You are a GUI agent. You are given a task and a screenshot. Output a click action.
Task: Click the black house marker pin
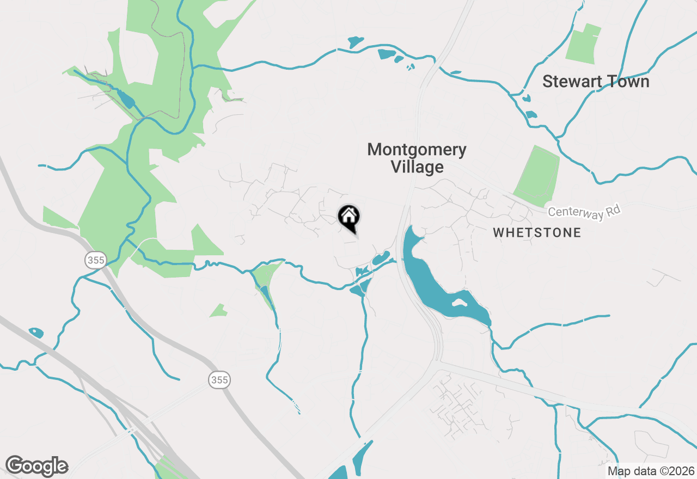[349, 217]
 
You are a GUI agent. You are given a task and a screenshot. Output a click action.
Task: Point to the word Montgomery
[417, 150]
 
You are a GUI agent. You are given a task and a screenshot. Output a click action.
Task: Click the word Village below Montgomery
[417, 167]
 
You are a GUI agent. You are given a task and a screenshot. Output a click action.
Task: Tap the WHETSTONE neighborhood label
[537, 233]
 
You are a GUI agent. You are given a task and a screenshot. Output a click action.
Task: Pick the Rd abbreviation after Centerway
[613, 208]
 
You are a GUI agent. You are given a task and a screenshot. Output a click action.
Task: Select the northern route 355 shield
[95, 260]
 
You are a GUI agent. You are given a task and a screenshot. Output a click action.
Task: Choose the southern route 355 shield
[219, 380]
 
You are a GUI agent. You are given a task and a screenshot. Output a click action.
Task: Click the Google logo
[36, 466]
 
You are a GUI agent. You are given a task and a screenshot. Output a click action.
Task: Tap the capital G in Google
[15, 466]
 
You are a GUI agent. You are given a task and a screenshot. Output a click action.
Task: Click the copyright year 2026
[681, 471]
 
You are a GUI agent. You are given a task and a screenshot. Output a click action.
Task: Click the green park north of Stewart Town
[584, 44]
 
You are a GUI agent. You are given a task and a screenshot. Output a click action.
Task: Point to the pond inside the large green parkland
[126, 99]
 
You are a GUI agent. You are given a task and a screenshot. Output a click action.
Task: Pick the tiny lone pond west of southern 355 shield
[36, 332]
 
